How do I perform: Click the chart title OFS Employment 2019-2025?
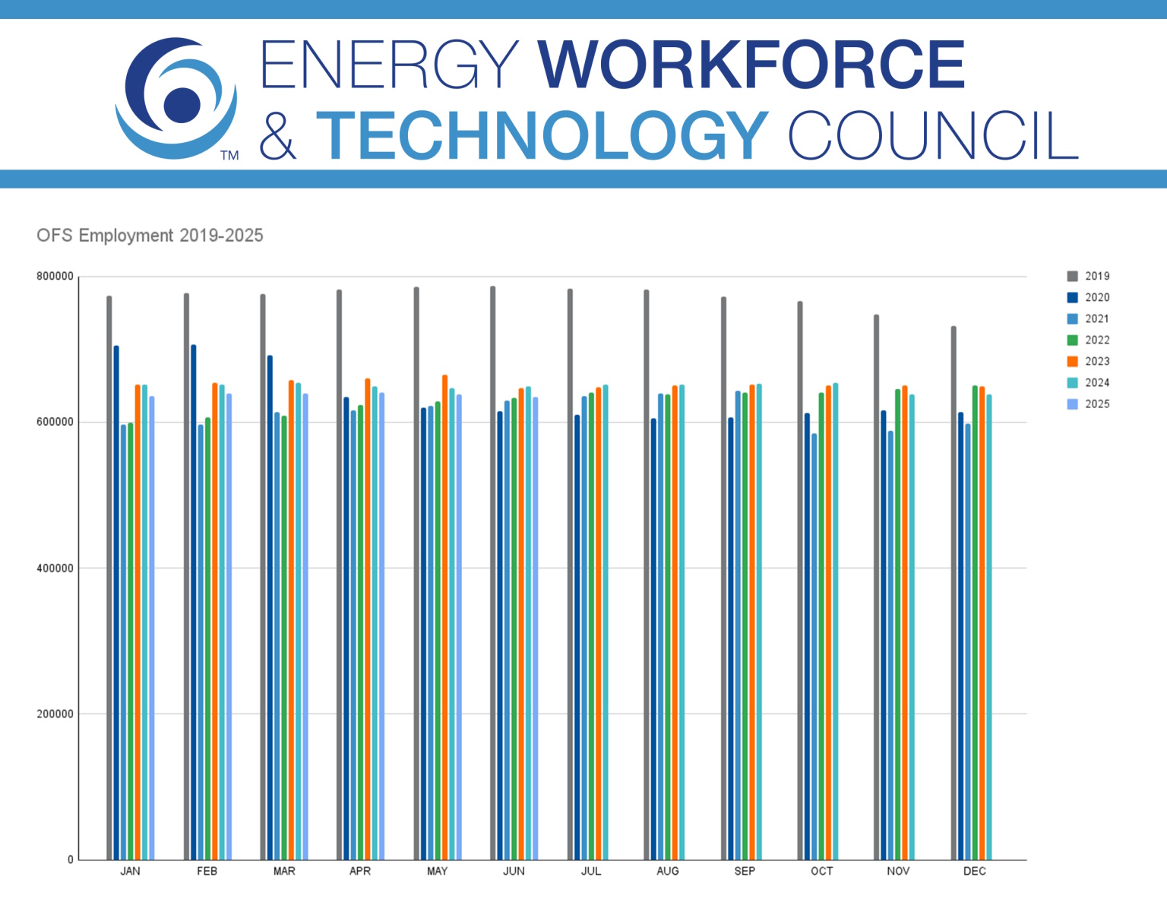(x=150, y=236)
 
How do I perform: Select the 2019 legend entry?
(x=1088, y=276)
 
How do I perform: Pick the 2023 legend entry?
(x=1088, y=361)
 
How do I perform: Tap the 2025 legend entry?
(x=1088, y=404)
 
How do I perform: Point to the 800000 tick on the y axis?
(x=55, y=277)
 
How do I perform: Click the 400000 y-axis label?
(x=55, y=568)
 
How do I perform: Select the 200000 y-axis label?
(x=55, y=714)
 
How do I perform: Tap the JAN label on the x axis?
(x=130, y=871)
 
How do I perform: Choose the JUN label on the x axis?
(x=514, y=871)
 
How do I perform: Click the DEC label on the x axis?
(x=975, y=871)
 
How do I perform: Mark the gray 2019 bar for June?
(x=493, y=570)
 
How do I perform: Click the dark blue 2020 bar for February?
(x=194, y=600)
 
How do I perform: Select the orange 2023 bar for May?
(x=444, y=616)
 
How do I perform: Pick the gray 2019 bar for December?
(x=954, y=593)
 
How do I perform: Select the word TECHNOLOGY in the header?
(x=542, y=135)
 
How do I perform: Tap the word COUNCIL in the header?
(x=933, y=135)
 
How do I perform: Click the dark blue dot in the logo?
(x=182, y=104)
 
